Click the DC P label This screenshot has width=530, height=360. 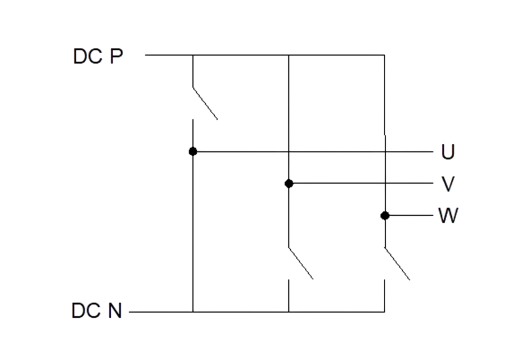pyautogui.click(x=98, y=56)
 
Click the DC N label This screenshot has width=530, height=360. pyautogui.click(x=97, y=311)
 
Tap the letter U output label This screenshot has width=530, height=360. pyautogui.click(x=448, y=151)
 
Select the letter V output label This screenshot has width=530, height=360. pyautogui.click(x=449, y=184)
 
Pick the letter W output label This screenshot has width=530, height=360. pyautogui.click(x=449, y=215)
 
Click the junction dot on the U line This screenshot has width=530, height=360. pyautogui.click(x=193, y=151)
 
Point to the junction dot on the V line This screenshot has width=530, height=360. pyautogui.click(x=289, y=184)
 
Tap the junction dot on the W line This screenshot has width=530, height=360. pyautogui.click(x=385, y=215)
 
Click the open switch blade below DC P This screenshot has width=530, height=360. pyautogui.click(x=205, y=103)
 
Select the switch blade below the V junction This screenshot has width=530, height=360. pyautogui.click(x=301, y=263)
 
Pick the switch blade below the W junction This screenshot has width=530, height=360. pyautogui.click(x=397, y=263)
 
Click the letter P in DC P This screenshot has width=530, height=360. pyautogui.click(x=116, y=56)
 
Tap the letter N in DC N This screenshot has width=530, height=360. pyautogui.click(x=115, y=311)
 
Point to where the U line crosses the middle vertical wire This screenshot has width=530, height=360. pyautogui.click(x=289, y=151)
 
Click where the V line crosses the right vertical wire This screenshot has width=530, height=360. pyautogui.click(x=385, y=184)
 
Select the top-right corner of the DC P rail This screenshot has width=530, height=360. pyautogui.click(x=384, y=55)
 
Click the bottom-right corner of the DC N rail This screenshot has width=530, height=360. pyautogui.click(x=384, y=312)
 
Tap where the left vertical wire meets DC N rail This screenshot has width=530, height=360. pyautogui.click(x=193, y=312)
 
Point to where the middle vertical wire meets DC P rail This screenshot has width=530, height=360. pyautogui.click(x=289, y=55)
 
